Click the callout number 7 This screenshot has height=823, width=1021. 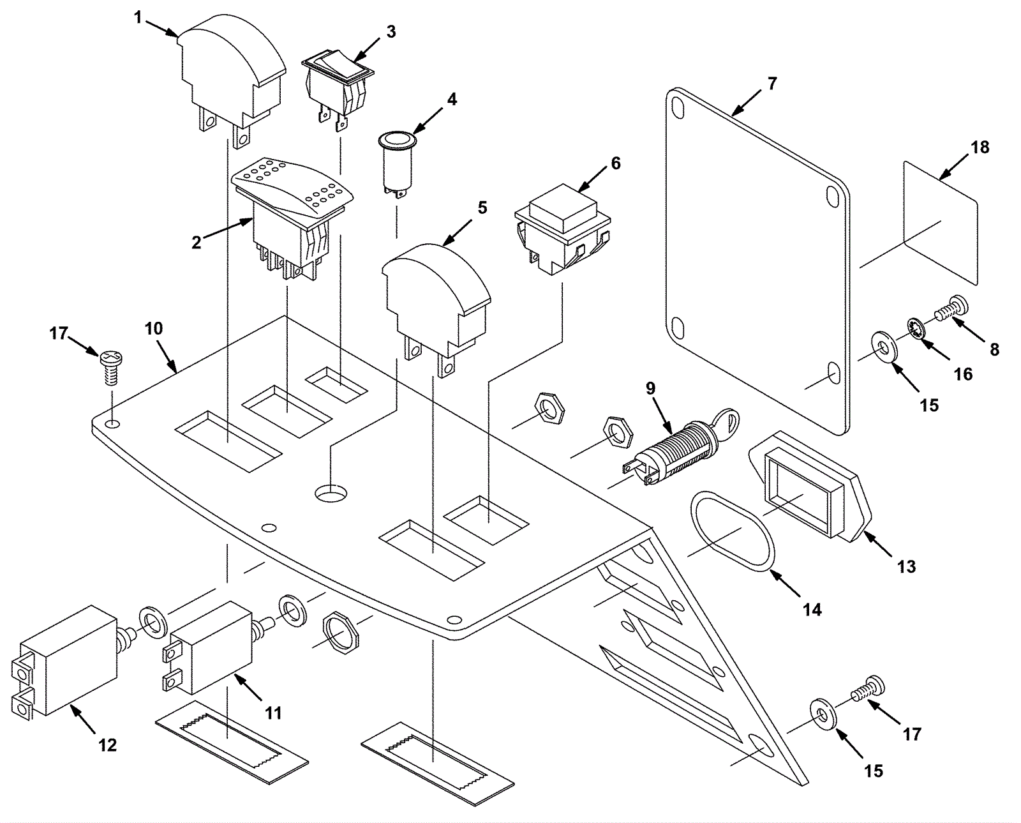(772, 84)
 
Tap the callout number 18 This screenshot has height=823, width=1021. (980, 147)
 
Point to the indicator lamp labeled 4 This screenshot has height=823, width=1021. (397, 165)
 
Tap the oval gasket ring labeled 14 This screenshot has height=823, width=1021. (731, 531)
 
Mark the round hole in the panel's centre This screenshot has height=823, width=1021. (332, 493)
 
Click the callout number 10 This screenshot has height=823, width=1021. (153, 328)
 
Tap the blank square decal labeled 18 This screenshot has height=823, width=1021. (941, 223)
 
